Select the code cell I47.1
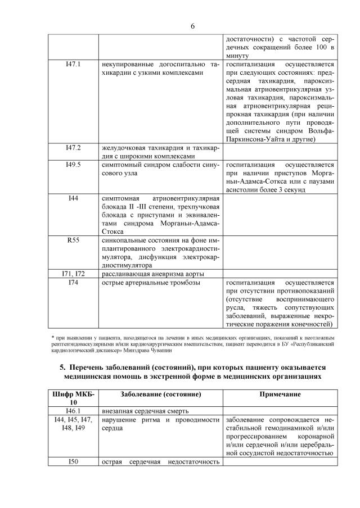73,65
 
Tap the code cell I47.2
73,148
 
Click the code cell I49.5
73,165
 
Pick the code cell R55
73,240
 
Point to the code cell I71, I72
73,273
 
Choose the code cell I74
73,282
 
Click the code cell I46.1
73,411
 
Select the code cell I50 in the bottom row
73,462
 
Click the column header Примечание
280,394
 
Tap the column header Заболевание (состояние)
161,394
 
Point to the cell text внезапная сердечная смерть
145,411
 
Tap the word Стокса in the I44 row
114,230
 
